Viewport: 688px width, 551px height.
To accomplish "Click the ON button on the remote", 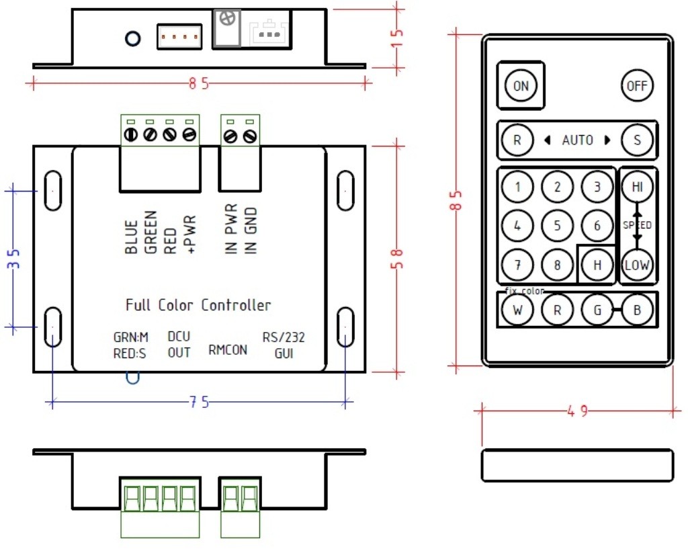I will [521, 86].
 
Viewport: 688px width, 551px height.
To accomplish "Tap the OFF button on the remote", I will [636, 86].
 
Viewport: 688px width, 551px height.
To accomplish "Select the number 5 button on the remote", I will [557, 225].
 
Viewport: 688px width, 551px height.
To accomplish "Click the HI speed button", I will [636, 187].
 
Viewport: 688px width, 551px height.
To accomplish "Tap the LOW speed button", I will [636, 265].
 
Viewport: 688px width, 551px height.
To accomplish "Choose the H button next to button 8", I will [597, 265].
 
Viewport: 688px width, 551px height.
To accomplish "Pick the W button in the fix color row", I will [517, 310].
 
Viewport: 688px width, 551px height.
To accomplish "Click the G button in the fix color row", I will [597, 310].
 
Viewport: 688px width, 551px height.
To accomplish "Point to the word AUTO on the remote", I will [577, 140].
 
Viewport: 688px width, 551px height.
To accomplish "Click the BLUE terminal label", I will [132, 237].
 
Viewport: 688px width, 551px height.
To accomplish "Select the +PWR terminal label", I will [189, 235].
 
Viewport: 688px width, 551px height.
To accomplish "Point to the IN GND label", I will [251, 229].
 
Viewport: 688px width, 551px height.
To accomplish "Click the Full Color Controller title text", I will [198, 305].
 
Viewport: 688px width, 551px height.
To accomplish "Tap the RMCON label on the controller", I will [228, 349].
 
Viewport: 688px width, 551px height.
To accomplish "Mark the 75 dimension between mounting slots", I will [198, 402].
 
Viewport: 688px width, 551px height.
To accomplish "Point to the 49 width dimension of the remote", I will [576, 411].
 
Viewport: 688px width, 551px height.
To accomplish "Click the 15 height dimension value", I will [397, 38].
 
